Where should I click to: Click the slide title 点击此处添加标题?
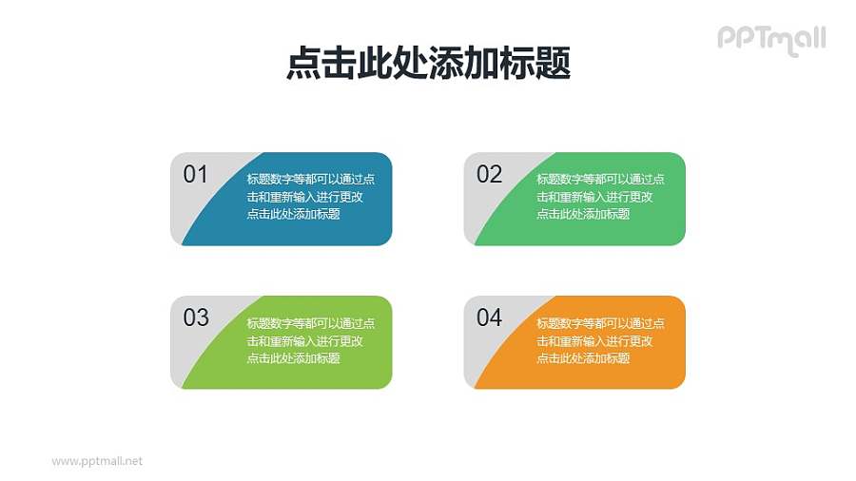pos(428,65)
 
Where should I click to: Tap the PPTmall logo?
pos(770,39)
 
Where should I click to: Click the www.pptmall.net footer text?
pos(97,461)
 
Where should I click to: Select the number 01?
pos(195,174)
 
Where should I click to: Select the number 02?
pos(489,174)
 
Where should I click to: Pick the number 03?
pos(196,317)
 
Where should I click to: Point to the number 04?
pos(489,317)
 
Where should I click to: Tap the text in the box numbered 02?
pos(599,197)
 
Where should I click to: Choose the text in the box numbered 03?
pos(309,340)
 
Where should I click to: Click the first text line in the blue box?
pos(310,179)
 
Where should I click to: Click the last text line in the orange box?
pos(583,358)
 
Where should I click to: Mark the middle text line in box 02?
pos(594,197)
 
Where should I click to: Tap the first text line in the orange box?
pos(600,323)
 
